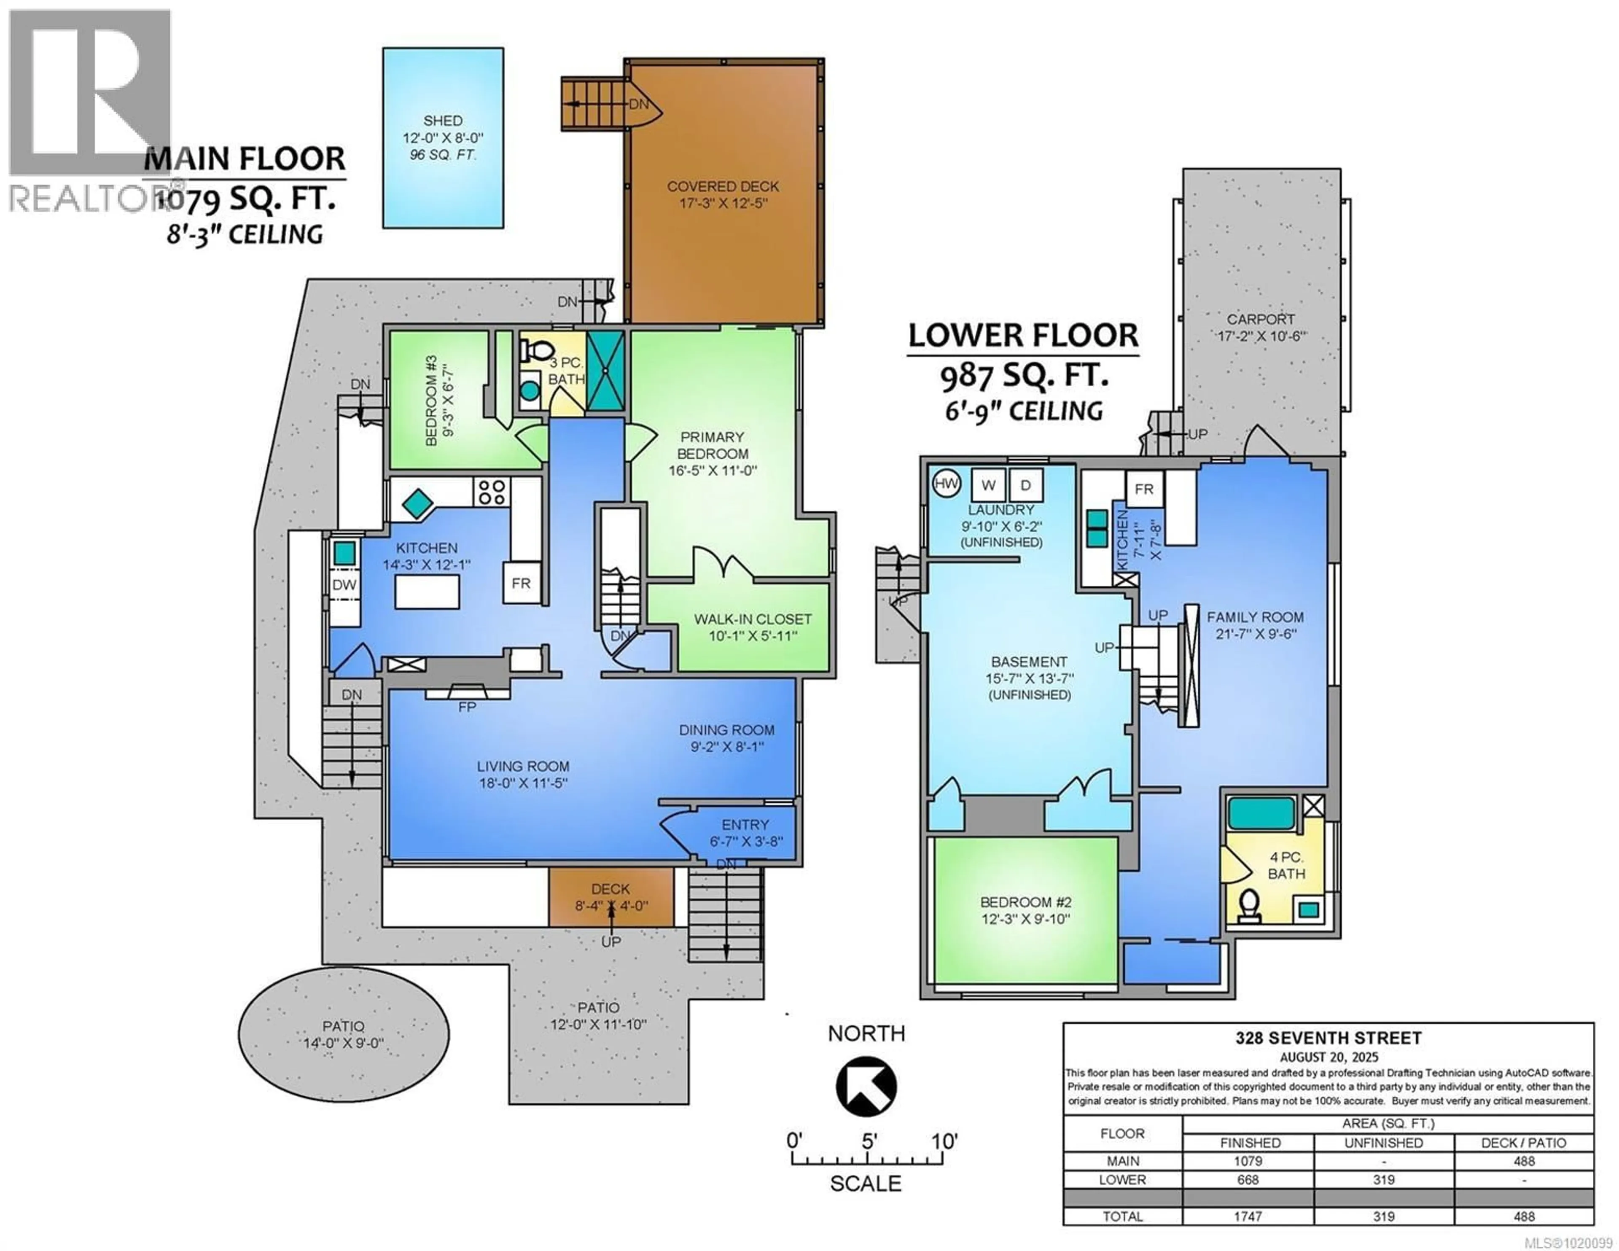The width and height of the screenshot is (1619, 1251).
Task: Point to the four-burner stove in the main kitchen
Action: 492,492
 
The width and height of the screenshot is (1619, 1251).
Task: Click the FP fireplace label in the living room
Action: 467,708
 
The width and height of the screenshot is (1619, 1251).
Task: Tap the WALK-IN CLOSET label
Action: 753,619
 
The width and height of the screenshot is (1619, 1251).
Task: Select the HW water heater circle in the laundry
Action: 946,484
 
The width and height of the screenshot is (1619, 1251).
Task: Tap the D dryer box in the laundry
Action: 1026,485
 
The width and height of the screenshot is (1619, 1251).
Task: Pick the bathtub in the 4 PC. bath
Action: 1261,813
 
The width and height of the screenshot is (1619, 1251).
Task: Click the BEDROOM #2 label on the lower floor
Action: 1025,902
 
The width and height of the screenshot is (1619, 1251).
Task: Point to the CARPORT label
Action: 1260,320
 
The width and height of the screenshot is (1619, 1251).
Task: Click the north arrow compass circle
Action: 866,1087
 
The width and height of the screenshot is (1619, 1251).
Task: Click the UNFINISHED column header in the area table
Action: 1383,1143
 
